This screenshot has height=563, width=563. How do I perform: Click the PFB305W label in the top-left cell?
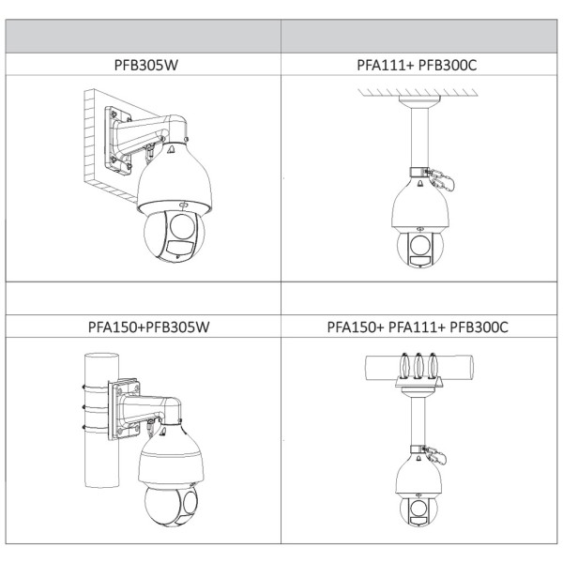146,65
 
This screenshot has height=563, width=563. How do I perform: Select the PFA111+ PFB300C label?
417,65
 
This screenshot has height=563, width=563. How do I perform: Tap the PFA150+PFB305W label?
148,327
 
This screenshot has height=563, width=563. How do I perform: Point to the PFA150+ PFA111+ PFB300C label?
418,327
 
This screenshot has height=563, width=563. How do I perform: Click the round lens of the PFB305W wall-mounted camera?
182,226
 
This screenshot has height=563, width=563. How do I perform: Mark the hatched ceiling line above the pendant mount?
418,93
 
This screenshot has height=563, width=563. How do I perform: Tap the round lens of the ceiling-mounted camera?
419,245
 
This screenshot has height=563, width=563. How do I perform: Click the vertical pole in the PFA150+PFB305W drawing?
101,420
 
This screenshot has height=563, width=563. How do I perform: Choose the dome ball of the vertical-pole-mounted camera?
171,506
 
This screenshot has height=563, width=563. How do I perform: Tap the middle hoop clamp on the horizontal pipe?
418,366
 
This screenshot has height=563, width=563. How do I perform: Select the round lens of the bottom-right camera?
418,509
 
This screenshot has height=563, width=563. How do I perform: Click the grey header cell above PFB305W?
144,37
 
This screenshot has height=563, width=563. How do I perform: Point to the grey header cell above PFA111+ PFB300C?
419,37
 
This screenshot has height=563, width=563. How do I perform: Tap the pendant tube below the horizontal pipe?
418,421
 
